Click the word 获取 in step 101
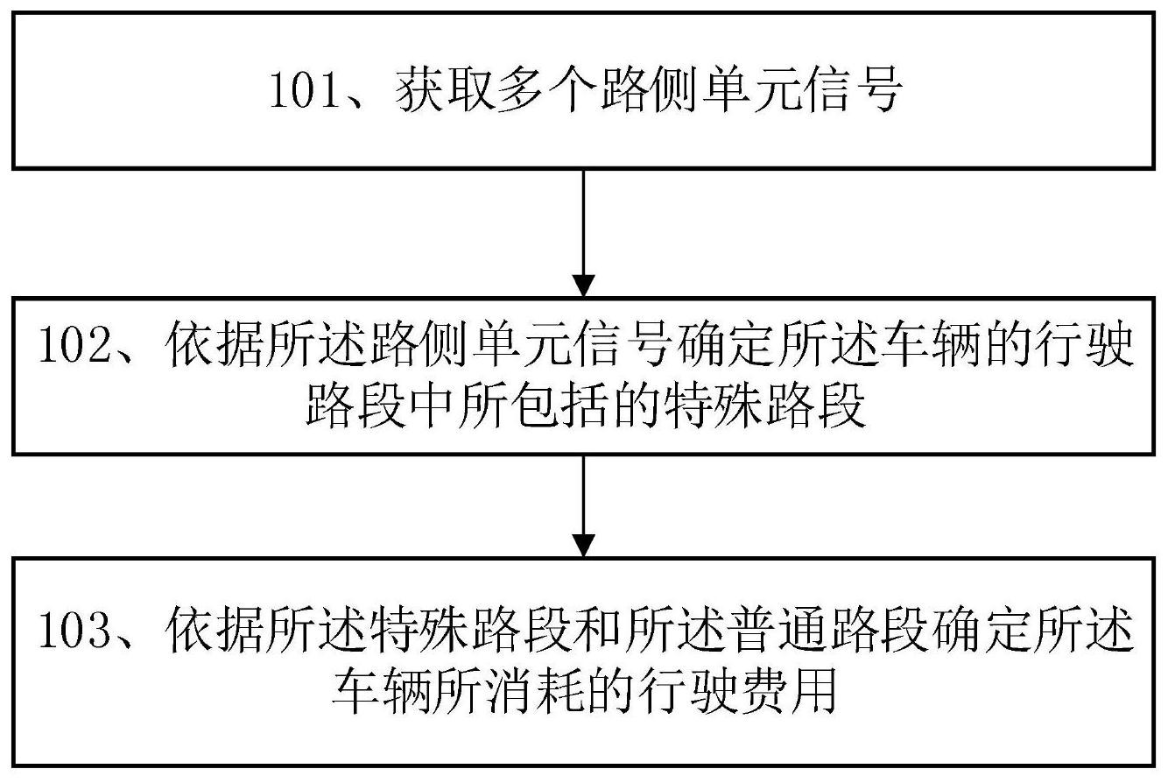tap(444, 92)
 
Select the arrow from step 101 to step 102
tap(583, 233)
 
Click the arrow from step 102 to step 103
tap(583, 506)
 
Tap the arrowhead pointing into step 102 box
tap(583, 286)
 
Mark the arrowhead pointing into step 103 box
tap(583, 546)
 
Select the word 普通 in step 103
tap(777, 631)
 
